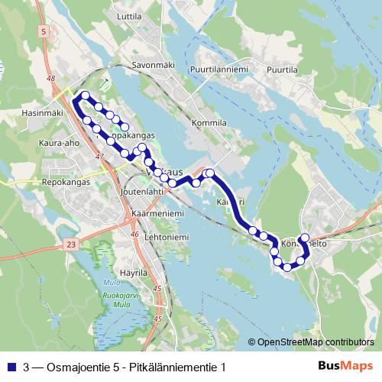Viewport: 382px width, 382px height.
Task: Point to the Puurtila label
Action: coord(282,70)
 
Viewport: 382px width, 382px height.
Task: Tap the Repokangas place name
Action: coord(57,183)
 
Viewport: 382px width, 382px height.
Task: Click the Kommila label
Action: coord(210,122)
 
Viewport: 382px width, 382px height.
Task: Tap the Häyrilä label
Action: coord(133,272)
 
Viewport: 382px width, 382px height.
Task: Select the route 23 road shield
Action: coord(72,244)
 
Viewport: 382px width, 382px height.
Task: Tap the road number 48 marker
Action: coord(50,79)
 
